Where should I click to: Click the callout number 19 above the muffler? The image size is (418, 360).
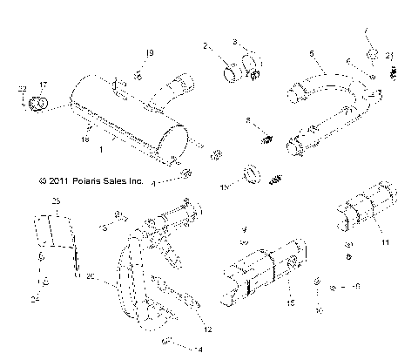[149, 54]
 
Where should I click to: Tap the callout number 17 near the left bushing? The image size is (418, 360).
[44, 85]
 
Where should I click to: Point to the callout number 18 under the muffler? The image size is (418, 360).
[85, 138]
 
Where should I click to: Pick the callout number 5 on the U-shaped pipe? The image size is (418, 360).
[311, 53]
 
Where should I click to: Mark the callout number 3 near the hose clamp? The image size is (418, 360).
[234, 41]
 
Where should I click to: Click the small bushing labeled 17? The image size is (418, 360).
[37, 104]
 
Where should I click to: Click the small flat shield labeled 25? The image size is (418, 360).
[59, 234]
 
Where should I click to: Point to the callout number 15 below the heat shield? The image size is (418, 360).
[289, 302]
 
